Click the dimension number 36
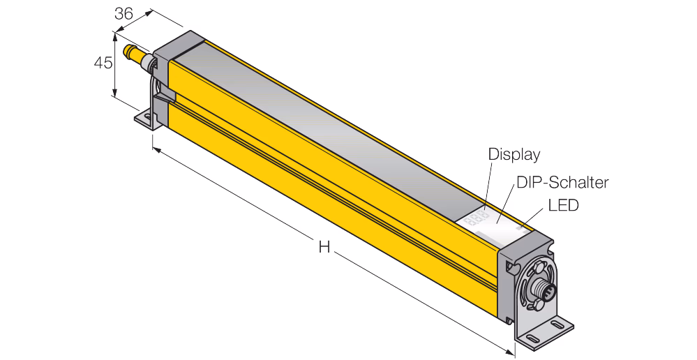(123, 14)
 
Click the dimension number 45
(103, 63)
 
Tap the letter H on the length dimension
(324, 247)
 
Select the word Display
(514, 154)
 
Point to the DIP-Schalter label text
(562, 182)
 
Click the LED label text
(564, 205)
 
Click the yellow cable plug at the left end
(134, 53)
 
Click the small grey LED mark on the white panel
(520, 228)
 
